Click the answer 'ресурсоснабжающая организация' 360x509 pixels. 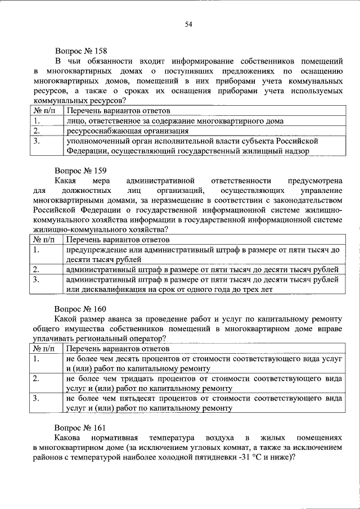120,131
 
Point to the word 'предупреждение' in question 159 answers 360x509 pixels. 94,250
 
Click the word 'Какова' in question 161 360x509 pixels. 67,438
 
